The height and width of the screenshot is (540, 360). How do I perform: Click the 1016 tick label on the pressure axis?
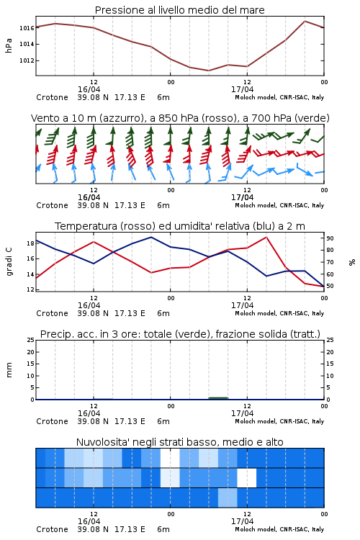pyautogui.click(x=27, y=28)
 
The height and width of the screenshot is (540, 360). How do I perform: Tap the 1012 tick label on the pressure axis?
pyautogui.click(x=27, y=60)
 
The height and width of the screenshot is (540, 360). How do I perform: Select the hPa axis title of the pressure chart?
pyautogui.click(x=9, y=45)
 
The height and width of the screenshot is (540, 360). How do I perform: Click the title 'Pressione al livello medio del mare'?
pyautogui.click(x=179, y=10)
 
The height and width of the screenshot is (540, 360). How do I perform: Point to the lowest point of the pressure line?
pyautogui.click(x=208, y=71)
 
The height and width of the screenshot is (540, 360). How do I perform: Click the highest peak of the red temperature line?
pyautogui.click(x=266, y=237)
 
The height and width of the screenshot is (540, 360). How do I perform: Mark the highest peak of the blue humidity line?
pyautogui.click(x=151, y=237)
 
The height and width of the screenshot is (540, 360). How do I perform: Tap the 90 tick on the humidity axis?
pyautogui.click(x=330, y=238)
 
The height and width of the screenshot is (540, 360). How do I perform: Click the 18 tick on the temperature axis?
pyautogui.click(x=30, y=243)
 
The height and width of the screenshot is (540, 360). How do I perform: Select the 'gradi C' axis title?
pyautogui.click(x=9, y=261)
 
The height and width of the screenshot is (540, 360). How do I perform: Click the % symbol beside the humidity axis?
pyautogui.click(x=352, y=262)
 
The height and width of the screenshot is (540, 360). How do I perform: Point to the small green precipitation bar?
pyautogui.click(x=218, y=398)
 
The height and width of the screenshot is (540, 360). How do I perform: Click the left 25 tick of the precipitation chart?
pyautogui.click(x=30, y=340)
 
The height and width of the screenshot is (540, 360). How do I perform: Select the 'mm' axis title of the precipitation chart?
pyautogui.click(x=9, y=370)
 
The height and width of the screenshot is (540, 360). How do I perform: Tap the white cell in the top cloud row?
pyautogui.click(x=170, y=458)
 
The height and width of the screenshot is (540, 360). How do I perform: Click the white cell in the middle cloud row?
pyautogui.click(x=247, y=477)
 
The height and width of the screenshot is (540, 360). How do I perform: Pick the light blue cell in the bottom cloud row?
pyautogui.click(x=228, y=498)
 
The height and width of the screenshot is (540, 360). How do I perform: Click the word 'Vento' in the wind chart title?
pyautogui.click(x=43, y=118)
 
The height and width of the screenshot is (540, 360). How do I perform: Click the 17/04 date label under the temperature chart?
pyautogui.click(x=242, y=305)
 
